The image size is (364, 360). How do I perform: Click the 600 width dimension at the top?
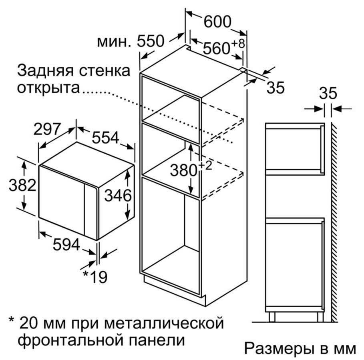click(x=217, y=22)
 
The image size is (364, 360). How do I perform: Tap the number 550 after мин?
click(x=151, y=41)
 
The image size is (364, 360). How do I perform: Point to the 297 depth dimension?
click(x=47, y=129)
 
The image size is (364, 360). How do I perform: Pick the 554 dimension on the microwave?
click(x=105, y=138)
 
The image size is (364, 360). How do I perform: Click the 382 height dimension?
click(x=22, y=185)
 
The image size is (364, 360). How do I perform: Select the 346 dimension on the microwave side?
click(x=118, y=196)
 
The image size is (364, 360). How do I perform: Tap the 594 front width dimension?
click(x=66, y=244)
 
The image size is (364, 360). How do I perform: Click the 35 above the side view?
click(x=328, y=93)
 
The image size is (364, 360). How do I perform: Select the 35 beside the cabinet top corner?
click(x=276, y=88)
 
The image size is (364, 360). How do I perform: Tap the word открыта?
click(x=48, y=88)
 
